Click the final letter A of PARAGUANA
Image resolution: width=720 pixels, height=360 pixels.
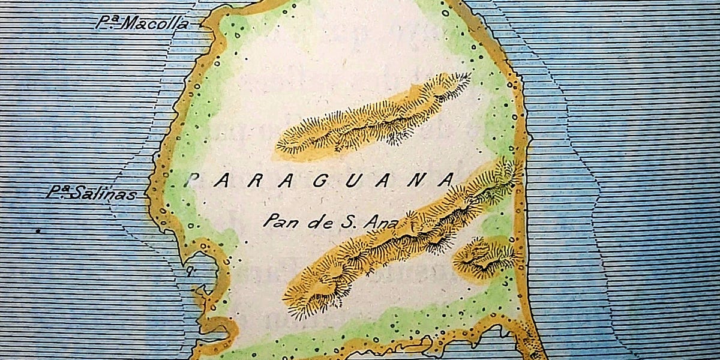445,180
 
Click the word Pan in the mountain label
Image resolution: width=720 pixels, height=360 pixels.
277,221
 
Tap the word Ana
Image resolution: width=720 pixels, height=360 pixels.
381,221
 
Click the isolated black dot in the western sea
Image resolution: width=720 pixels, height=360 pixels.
38,230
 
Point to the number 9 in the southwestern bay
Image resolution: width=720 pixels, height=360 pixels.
190,271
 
